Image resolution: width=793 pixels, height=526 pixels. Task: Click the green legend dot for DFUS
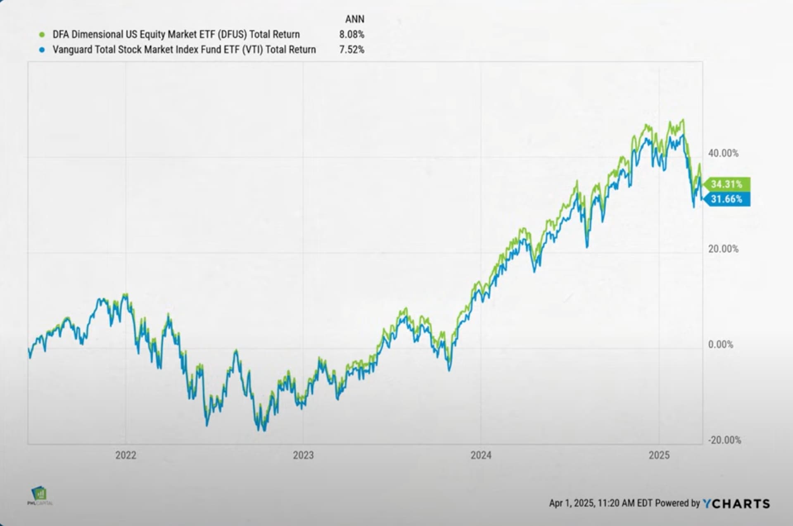[x=42, y=35]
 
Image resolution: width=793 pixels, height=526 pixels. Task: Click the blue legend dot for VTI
[x=42, y=50]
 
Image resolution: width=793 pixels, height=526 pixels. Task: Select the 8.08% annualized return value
[x=351, y=35]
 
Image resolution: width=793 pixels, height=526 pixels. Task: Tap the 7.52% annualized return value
[x=351, y=50]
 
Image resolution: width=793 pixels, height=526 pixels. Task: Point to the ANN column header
[x=354, y=19]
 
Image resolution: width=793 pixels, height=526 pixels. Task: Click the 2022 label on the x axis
[x=126, y=455]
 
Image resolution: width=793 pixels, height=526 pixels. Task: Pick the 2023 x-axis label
[x=303, y=455]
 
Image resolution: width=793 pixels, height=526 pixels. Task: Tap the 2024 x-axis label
[x=481, y=455]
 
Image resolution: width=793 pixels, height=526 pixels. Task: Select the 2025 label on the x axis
[x=659, y=455]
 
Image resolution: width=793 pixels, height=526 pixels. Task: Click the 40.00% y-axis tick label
[x=723, y=153]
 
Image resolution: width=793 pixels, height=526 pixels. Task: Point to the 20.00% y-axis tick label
[x=723, y=249]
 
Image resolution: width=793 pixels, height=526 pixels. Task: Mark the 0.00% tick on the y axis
[x=721, y=345]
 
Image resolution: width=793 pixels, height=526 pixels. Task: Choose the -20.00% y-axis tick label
[x=724, y=440]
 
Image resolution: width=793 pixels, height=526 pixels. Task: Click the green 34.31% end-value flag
[x=727, y=184]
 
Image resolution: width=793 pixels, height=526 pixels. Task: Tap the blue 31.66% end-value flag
[x=727, y=199]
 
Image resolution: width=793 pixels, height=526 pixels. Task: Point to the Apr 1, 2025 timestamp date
[x=572, y=503]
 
